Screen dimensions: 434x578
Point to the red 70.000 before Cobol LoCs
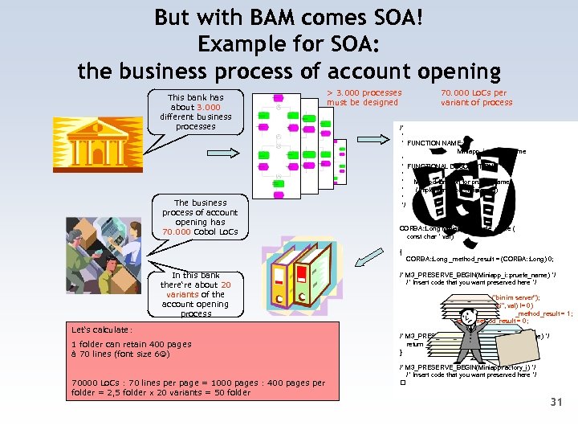pyautogui.click(x=179, y=231)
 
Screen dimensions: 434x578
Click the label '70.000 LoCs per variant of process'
pyautogui.click(x=476, y=97)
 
